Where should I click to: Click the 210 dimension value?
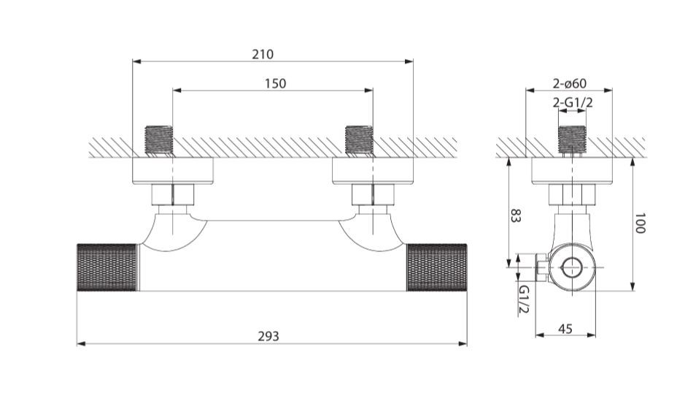(x=263, y=54)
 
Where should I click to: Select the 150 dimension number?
(x=275, y=83)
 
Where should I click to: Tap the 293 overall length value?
(x=268, y=336)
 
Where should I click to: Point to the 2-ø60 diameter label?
(x=570, y=83)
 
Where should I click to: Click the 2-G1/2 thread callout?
(x=573, y=103)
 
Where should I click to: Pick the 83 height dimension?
(x=515, y=215)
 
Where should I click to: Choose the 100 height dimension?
(x=640, y=223)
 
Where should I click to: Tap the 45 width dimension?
(x=565, y=329)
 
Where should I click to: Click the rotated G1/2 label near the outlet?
(x=525, y=300)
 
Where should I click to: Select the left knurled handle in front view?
(x=107, y=267)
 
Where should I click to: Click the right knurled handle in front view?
(x=437, y=267)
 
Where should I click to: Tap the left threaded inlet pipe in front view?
(x=159, y=141)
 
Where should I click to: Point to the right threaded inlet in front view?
(x=359, y=141)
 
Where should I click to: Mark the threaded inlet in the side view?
(x=572, y=141)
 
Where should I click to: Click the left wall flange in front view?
(x=173, y=171)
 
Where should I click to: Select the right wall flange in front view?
(x=373, y=171)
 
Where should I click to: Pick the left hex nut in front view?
(x=173, y=194)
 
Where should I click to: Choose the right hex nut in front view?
(x=373, y=194)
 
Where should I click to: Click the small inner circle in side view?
(x=572, y=267)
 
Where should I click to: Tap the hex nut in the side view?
(x=572, y=194)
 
